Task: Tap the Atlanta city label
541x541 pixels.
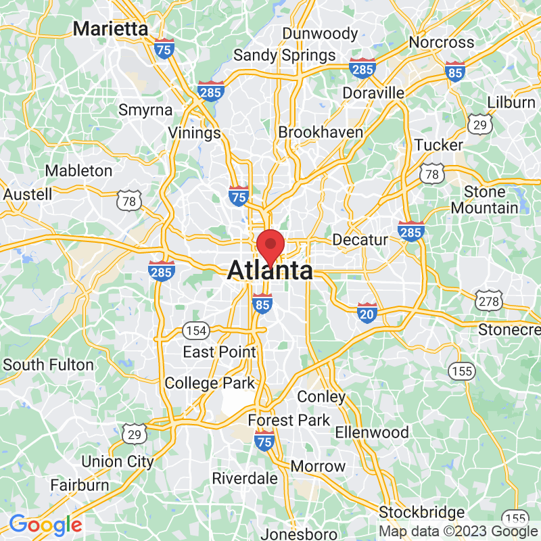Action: (x=270, y=271)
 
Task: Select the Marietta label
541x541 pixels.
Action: (x=111, y=29)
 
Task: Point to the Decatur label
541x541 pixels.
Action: (x=360, y=240)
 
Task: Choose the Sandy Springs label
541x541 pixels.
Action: (x=285, y=55)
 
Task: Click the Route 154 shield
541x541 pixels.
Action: (x=196, y=331)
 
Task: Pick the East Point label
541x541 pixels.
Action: (x=220, y=352)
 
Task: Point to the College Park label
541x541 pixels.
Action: (x=210, y=383)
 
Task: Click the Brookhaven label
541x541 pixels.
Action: (x=321, y=133)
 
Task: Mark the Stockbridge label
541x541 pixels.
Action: (x=422, y=512)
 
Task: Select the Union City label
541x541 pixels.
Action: (x=118, y=462)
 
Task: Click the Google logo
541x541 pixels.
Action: (x=45, y=524)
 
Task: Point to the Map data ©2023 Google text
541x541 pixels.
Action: (x=457, y=532)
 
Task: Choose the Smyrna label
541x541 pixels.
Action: (x=145, y=110)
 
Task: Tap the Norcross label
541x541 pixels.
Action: (x=442, y=42)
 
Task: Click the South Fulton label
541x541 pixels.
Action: (x=49, y=364)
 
